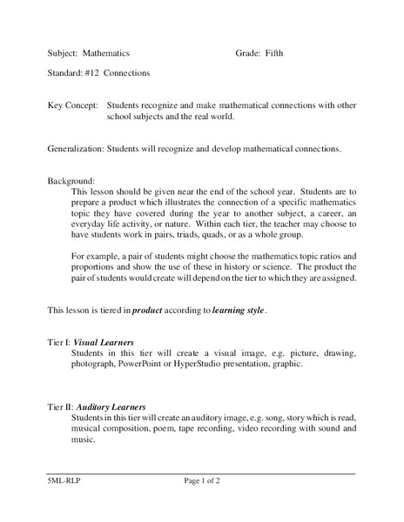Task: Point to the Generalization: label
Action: pyautogui.click(x=76, y=149)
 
